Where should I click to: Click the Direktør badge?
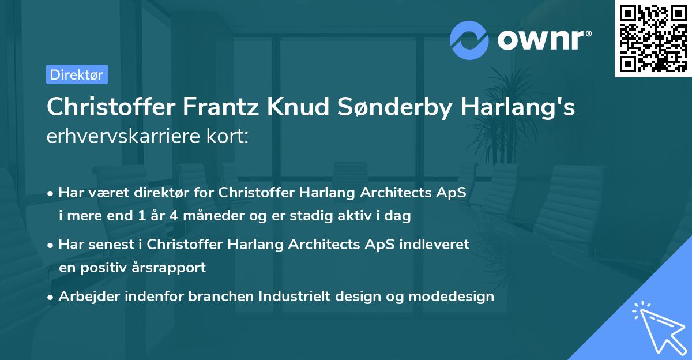77,74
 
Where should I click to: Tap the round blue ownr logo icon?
469,40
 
